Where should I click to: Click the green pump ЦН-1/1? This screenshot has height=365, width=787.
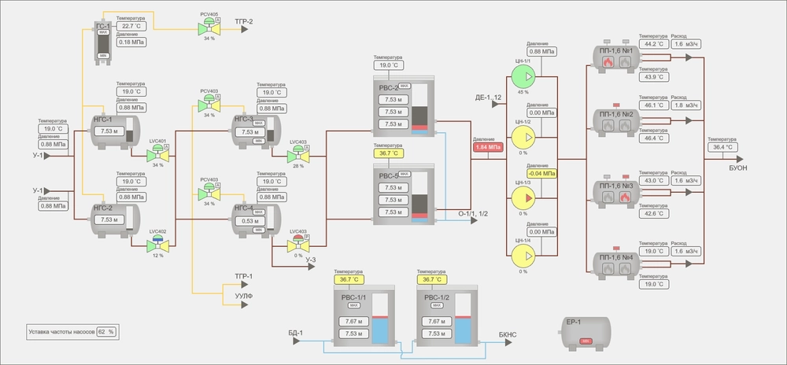[522, 76]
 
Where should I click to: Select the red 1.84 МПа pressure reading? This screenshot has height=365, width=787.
[488, 146]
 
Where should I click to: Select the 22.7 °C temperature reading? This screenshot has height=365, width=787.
[131, 26]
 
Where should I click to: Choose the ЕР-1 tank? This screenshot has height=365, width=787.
[585, 333]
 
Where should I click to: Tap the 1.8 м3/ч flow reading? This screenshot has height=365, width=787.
[686, 105]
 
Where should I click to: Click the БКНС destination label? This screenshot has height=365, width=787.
[508, 335]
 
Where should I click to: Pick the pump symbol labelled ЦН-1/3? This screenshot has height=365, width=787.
[522, 196]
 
